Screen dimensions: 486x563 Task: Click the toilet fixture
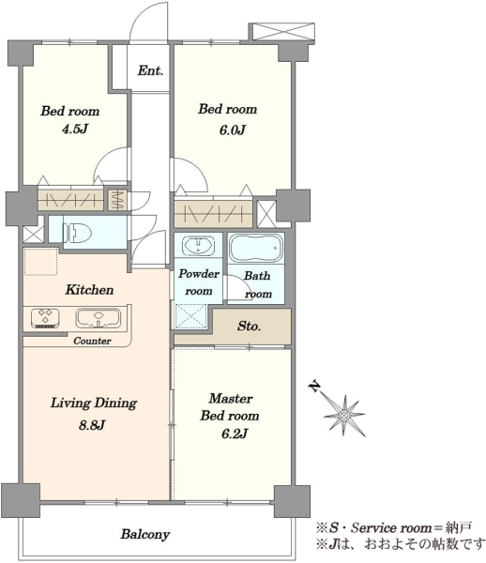pyautogui.click(x=76, y=233)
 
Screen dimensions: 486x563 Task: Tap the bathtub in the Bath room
pyautogui.click(x=256, y=248)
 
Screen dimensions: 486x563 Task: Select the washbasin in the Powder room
pyautogui.click(x=198, y=246)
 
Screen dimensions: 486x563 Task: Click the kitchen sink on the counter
pyautogui.click(x=98, y=318)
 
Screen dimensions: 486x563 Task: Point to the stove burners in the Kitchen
pyautogui.click(x=45, y=318)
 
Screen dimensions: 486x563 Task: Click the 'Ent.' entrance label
pyautogui.click(x=150, y=70)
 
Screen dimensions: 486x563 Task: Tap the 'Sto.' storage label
pyautogui.click(x=249, y=326)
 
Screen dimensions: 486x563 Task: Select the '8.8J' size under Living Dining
pyautogui.click(x=92, y=425)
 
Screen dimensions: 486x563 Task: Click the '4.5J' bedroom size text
pyautogui.click(x=75, y=129)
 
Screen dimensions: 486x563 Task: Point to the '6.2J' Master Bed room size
pyautogui.click(x=235, y=434)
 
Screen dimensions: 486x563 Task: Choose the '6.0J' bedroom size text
pyautogui.click(x=233, y=130)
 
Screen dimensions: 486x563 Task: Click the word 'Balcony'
pyautogui.click(x=145, y=534)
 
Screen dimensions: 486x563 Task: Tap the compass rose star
pyautogui.click(x=344, y=416)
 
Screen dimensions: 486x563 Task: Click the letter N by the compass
pyautogui.click(x=314, y=386)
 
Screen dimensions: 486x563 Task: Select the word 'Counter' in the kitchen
pyautogui.click(x=92, y=341)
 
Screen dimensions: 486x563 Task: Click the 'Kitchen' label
pyautogui.click(x=89, y=290)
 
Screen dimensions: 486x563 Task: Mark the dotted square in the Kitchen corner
pyautogui.click(x=40, y=262)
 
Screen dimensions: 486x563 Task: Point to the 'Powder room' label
pyautogui.click(x=199, y=282)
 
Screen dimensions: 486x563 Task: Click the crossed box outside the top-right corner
pyautogui.click(x=283, y=32)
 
